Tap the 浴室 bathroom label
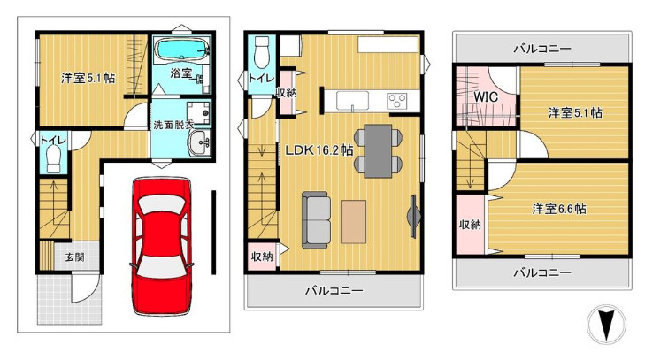[181, 73]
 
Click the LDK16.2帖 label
[319, 150]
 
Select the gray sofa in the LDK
[317, 219]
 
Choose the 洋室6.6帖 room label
[559, 209]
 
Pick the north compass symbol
[606, 325]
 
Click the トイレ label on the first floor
[50, 140]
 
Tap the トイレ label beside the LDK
[261, 79]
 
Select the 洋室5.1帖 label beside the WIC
[574, 113]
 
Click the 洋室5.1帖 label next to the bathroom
[88, 78]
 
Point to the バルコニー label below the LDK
[334, 290]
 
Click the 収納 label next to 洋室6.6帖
[470, 225]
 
